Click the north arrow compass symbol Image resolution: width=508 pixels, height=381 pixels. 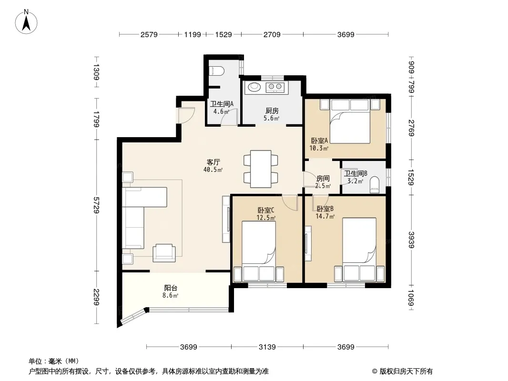click(26, 22)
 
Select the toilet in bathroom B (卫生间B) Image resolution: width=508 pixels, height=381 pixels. click(375, 185)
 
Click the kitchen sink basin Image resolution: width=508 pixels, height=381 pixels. click(254, 87)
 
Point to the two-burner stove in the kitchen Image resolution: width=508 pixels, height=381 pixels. click(275, 87)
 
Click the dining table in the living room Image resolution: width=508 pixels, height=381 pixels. click(261, 169)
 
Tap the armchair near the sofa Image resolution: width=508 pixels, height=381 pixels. click(164, 253)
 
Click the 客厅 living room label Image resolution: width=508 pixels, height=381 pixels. click(213, 162)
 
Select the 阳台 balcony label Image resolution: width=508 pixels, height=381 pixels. click(171, 288)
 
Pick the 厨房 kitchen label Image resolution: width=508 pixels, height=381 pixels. click(272, 110)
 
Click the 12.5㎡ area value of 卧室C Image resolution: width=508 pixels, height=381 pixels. click(266, 218)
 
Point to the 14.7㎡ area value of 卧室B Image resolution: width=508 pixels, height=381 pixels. click(325, 216)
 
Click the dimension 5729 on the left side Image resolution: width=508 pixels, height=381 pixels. click(96, 205)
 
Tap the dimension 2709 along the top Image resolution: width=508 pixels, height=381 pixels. click(272, 34)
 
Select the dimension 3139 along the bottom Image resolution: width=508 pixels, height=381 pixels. click(267, 347)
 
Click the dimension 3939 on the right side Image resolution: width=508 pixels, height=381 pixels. click(411, 240)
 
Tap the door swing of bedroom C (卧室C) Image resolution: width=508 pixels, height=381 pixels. click(290, 203)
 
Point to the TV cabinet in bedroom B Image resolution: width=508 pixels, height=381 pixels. click(308, 244)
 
